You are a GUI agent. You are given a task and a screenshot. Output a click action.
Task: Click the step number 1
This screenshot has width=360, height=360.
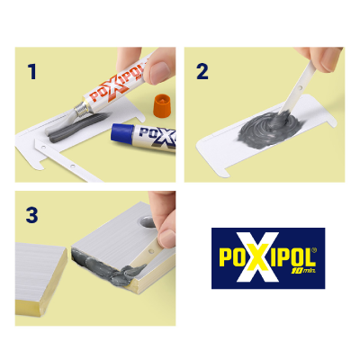click(32, 70)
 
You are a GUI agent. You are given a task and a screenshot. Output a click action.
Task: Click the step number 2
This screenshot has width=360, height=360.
click(202, 70)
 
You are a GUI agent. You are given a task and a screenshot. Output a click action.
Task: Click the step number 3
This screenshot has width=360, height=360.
click(32, 215)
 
